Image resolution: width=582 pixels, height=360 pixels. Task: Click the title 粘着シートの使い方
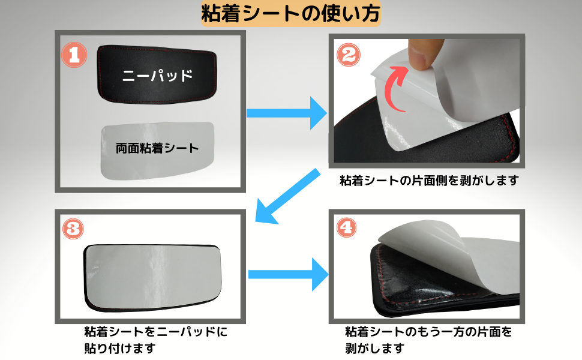[x=290, y=14]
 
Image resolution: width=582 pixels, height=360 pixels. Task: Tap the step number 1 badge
[x=74, y=55]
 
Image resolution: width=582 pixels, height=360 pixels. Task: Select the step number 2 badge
[x=348, y=55]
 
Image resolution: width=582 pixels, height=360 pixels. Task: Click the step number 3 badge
[x=73, y=229]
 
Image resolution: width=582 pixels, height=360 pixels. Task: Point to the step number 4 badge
[x=346, y=227]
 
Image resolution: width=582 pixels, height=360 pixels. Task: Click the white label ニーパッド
[x=157, y=76]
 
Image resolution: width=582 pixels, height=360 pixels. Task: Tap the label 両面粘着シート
[x=157, y=148]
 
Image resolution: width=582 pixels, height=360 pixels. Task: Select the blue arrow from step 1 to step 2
[x=287, y=113]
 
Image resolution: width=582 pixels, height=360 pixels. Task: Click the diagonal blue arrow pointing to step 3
[x=287, y=197]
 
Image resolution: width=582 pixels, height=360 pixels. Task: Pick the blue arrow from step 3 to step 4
[x=289, y=274]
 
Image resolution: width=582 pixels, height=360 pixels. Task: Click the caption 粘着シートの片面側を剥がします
[x=429, y=181]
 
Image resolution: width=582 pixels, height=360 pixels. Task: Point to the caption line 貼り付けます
[x=120, y=349]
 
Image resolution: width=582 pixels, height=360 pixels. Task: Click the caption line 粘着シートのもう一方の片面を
[x=428, y=331]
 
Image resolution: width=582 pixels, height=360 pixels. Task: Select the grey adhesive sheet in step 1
[x=158, y=151]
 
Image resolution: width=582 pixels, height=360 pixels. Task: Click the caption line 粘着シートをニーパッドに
[x=156, y=331]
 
